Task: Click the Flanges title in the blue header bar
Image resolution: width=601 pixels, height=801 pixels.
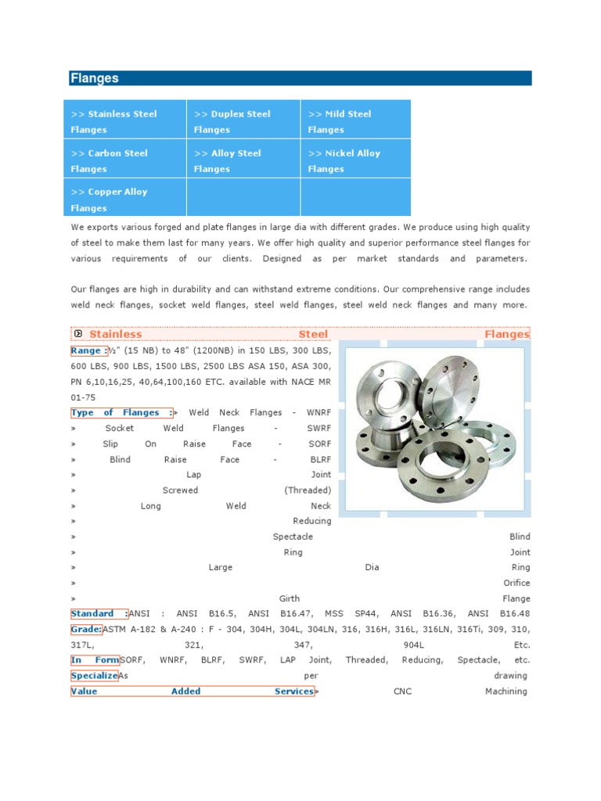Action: (95, 78)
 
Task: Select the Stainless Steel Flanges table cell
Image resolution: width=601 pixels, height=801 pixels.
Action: (124, 121)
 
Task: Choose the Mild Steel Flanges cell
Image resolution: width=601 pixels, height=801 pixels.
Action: (354, 121)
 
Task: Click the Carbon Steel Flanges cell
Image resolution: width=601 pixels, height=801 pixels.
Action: (124, 160)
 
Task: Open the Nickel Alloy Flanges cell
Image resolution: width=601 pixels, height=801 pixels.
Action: (354, 160)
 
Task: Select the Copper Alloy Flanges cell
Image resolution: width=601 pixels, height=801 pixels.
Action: (124, 199)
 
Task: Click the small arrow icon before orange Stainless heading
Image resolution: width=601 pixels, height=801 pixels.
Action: (77, 334)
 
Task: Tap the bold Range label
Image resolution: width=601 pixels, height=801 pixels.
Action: (88, 350)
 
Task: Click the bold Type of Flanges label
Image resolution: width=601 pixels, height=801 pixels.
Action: (121, 412)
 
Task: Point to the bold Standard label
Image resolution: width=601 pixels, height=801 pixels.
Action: (99, 614)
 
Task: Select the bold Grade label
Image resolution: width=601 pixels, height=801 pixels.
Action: (86, 629)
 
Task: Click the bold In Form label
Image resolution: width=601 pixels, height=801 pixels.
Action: (95, 660)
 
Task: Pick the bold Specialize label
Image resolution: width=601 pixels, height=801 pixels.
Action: (94, 675)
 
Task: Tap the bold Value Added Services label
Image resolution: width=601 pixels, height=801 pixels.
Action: (192, 691)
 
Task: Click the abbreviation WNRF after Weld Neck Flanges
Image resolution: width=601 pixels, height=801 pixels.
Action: (318, 412)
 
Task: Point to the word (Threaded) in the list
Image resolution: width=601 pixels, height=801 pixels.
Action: (308, 490)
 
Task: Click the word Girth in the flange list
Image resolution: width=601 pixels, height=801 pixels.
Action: (290, 598)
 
